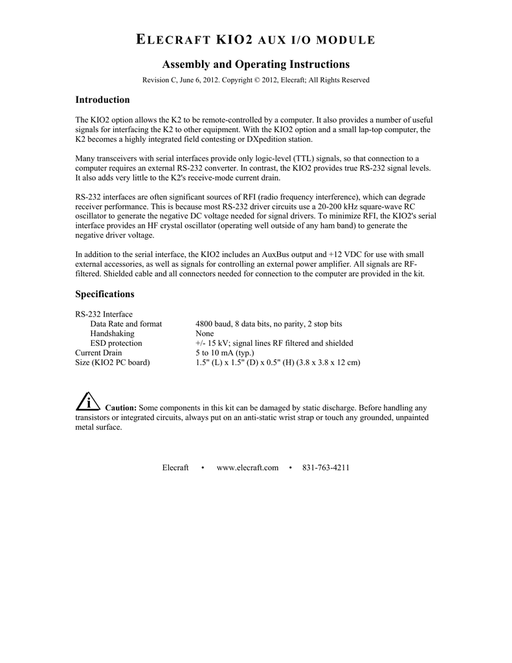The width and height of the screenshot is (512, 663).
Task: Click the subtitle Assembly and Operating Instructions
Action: pyautogui.click(x=256, y=64)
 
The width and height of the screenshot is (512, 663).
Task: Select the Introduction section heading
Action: pyautogui.click(x=103, y=100)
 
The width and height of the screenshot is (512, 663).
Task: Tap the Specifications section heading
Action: pyautogui.click(x=105, y=294)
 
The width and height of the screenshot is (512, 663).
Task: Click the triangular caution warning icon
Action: pyautogui.click(x=87, y=402)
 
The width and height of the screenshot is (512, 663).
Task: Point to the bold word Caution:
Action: pyautogui.click(x=120, y=409)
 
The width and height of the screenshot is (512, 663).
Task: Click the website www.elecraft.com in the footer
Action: pyautogui.click(x=247, y=467)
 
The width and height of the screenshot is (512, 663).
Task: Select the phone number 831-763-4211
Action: pyautogui.click(x=326, y=467)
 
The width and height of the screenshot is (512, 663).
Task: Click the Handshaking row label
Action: pyautogui.click(x=113, y=333)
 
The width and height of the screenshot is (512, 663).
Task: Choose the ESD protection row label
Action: pyautogui.click(x=116, y=343)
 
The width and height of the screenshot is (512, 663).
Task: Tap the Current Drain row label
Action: pyautogui.click(x=98, y=353)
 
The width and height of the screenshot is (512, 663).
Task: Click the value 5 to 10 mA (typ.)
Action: pyautogui.click(x=225, y=353)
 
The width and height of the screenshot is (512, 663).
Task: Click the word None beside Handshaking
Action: pyautogui.click(x=205, y=333)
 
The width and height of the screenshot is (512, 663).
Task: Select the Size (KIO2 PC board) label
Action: pyautogui.click(x=113, y=363)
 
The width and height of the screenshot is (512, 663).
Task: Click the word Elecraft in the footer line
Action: pyautogui.click(x=175, y=467)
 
